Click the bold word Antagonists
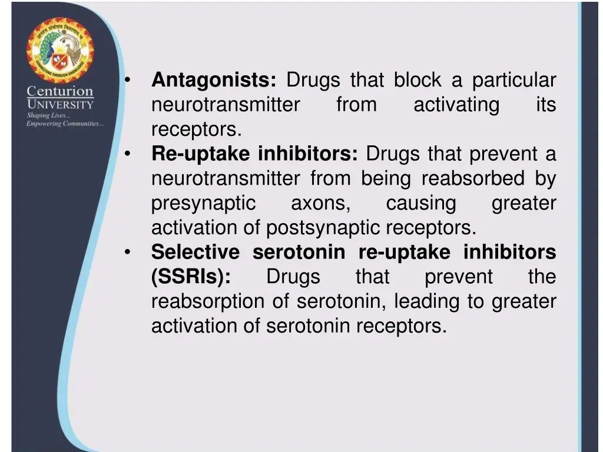(x=214, y=80)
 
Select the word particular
(x=513, y=80)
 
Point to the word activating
(x=456, y=105)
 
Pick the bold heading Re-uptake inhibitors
(x=254, y=154)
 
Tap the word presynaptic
(x=203, y=204)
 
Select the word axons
(x=320, y=204)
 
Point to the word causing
(x=420, y=204)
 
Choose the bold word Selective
(x=196, y=252)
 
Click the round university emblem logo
(x=60, y=51)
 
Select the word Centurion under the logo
(x=60, y=92)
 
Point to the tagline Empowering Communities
(x=65, y=124)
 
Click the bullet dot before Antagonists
(x=127, y=80)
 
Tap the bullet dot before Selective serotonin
(x=127, y=252)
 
